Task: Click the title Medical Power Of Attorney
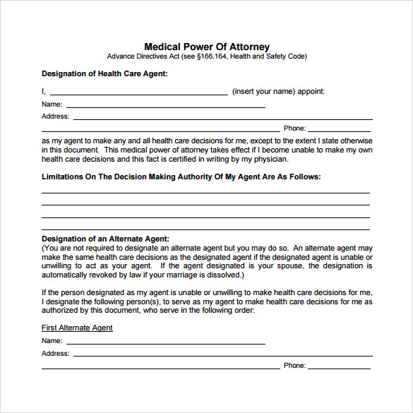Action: (207, 47)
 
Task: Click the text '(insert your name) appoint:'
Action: (278, 91)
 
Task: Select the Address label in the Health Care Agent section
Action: (55, 116)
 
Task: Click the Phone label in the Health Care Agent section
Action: (294, 128)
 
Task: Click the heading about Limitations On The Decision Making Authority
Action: (181, 176)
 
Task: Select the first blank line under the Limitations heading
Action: (205, 192)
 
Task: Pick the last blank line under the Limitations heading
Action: (205, 229)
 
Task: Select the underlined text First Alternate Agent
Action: (77, 328)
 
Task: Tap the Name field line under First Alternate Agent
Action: (166, 342)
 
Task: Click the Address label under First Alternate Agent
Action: (55, 354)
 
